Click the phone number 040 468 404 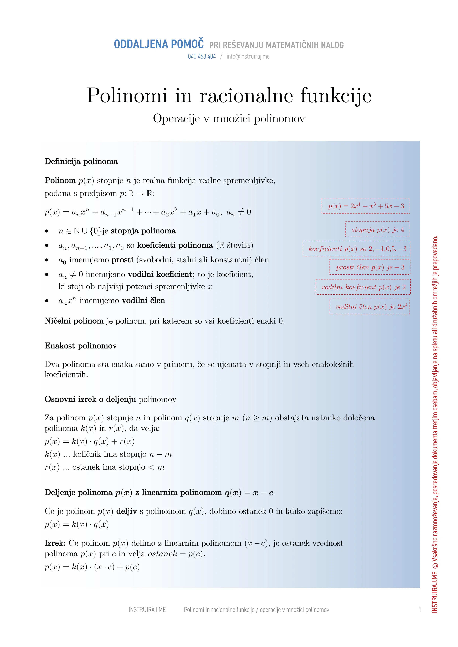(x=202, y=56)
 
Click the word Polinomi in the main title (x=127, y=96)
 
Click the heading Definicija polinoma (x=81, y=162)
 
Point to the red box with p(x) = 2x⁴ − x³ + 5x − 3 (x=366, y=206)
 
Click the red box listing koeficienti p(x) (x=357, y=249)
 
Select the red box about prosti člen (x=370, y=267)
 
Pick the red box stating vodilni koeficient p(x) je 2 (x=363, y=287)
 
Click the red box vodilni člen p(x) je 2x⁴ (x=370, y=307)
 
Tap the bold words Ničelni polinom (x=74, y=321)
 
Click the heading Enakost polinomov (x=81, y=346)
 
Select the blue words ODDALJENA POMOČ (x=159, y=44)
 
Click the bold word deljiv (x=126, y=511)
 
